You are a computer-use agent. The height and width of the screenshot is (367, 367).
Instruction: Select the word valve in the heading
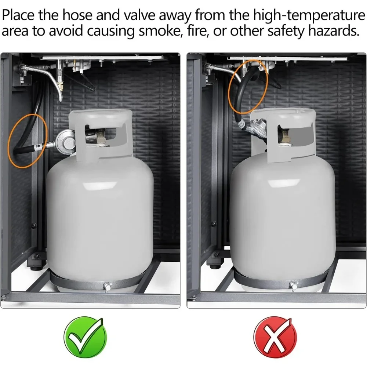139,15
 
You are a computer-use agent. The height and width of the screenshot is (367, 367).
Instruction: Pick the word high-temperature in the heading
309,15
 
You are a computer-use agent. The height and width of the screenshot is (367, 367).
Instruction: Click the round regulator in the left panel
66,142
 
